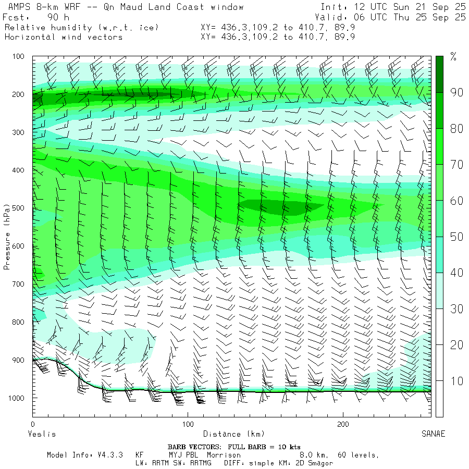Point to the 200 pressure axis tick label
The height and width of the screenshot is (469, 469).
coord(18,94)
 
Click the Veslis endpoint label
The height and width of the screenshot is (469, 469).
coord(41,434)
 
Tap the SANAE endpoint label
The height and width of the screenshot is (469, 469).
coord(433,434)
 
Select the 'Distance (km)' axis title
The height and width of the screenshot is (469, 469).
coord(233,434)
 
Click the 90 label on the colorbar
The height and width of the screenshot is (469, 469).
coord(457,93)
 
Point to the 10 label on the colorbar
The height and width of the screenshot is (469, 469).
coord(457,381)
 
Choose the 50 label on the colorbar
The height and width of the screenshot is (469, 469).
coord(457,237)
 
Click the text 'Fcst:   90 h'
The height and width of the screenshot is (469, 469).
coord(32,17)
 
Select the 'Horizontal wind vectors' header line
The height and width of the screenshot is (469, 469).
coord(64,37)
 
